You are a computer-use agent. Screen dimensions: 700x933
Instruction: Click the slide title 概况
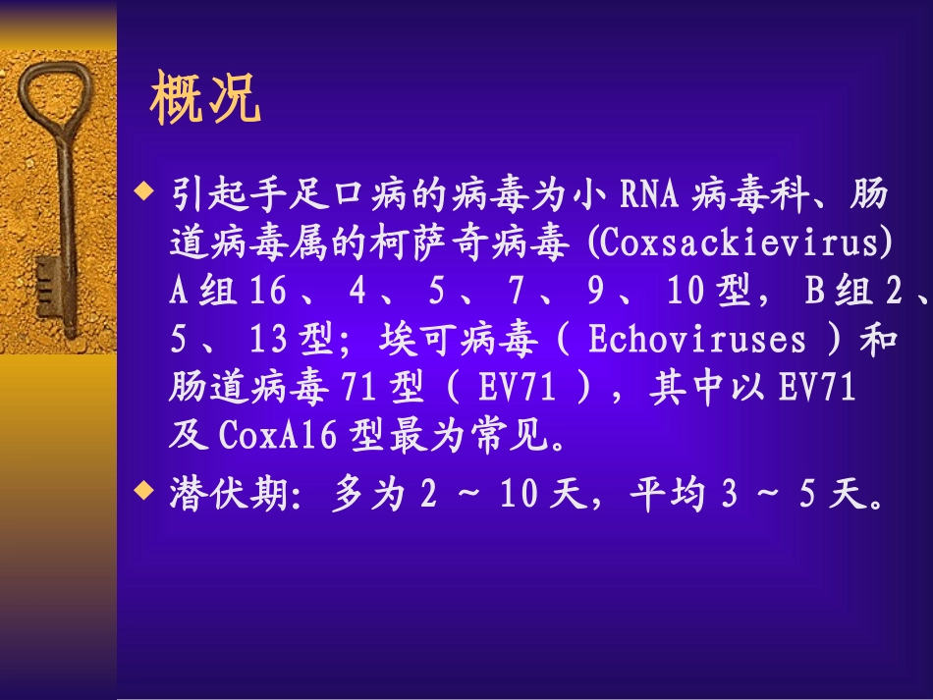coord(205,100)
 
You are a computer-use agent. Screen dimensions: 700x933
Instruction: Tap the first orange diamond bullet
coord(146,188)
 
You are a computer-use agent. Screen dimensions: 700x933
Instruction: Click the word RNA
coord(649,195)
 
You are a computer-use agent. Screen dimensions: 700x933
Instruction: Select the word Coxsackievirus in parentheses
coord(738,244)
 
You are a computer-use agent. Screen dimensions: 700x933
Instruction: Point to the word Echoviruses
coord(696,342)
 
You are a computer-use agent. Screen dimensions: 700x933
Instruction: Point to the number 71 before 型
coord(357,390)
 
